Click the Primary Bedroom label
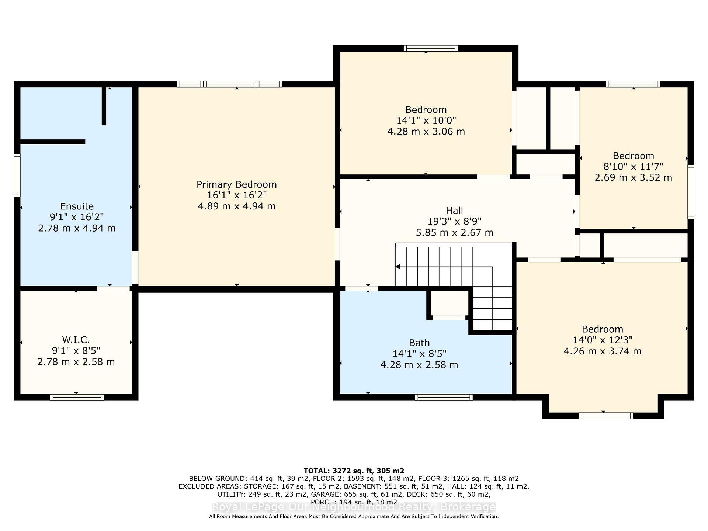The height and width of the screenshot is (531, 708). [x=236, y=184]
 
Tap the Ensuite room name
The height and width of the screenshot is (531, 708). [x=77, y=206]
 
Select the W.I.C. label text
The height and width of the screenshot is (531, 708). [x=76, y=340]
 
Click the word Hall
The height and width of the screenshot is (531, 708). [x=454, y=211]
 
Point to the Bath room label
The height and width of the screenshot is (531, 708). [x=419, y=343]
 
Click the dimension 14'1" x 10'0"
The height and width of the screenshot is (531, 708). [x=426, y=121]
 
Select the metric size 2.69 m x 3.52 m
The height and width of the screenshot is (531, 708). [x=633, y=177]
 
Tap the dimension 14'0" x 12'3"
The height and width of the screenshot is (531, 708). [x=603, y=340]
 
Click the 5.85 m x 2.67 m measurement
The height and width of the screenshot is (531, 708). [x=454, y=233]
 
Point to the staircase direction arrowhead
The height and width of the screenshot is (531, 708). [x=398, y=267]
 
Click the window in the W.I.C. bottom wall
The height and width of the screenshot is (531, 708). [x=77, y=397]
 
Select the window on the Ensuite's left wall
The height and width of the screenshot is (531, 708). [x=17, y=175]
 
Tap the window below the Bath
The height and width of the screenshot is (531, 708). [x=444, y=397]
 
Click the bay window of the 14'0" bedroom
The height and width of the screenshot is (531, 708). [x=606, y=416]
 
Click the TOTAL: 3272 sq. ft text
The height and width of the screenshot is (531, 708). [x=354, y=471]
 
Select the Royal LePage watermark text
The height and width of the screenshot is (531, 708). [x=354, y=507]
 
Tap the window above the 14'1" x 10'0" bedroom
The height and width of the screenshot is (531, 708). [x=430, y=48]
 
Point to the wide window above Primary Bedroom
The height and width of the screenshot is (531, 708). [x=230, y=84]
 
